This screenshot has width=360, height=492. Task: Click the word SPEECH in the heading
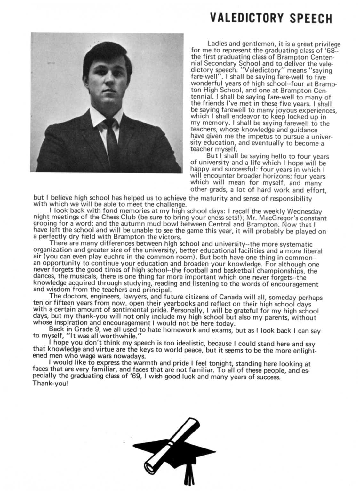click(x=310, y=18)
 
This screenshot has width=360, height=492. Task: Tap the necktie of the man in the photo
click(x=112, y=141)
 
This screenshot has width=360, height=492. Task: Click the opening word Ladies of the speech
click(x=217, y=44)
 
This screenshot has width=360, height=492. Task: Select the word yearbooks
click(x=169, y=304)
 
